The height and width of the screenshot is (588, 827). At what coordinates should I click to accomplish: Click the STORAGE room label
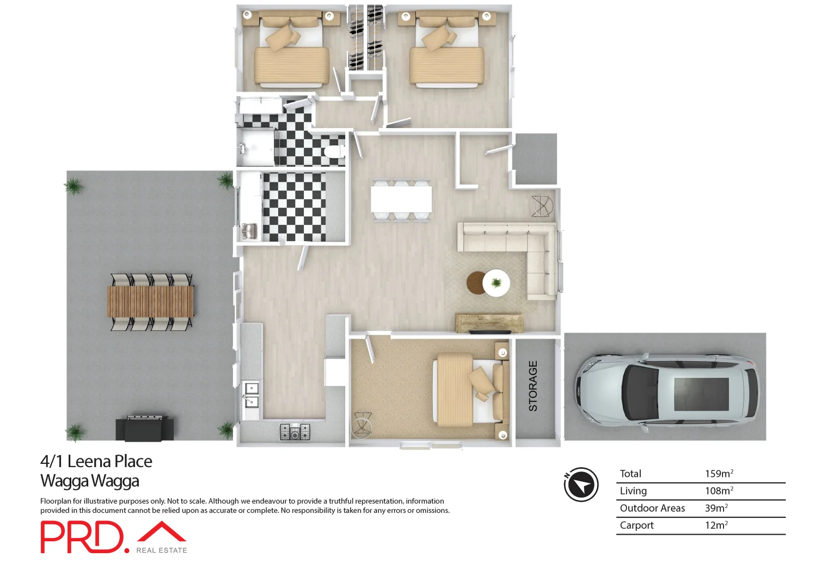click(x=533, y=386)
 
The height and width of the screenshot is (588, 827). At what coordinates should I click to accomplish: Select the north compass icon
click(x=581, y=484)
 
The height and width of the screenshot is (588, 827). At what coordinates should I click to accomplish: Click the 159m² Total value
click(x=719, y=474)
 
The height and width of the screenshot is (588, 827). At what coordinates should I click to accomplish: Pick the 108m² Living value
click(x=719, y=491)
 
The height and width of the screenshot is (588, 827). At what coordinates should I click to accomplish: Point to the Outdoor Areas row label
click(x=652, y=508)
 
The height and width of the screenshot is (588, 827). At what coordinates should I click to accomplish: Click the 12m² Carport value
click(x=716, y=525)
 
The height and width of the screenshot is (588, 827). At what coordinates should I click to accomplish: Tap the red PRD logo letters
click(x=82, y=537)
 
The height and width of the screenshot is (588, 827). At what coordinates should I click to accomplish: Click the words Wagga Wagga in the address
click(x=90, y=481)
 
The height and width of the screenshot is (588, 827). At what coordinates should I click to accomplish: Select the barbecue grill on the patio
click(x=145, y=428)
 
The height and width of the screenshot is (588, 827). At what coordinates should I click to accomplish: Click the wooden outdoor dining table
click(x=150, y=301)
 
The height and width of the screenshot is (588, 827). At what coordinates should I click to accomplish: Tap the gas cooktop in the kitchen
click(x=295, y=432)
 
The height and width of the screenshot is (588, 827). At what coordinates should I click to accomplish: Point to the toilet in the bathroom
click(x=333, y=151)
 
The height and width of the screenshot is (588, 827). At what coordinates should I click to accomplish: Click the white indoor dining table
click(x=401, y=199)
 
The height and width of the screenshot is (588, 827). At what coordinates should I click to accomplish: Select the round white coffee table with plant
click(x=497, y=283)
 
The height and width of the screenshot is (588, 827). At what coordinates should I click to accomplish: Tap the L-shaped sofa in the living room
click(x=523, y=248)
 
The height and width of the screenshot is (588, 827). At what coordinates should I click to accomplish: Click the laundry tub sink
click(x=250, y=231)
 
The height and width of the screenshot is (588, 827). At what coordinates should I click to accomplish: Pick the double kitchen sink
click(x=251, y=395)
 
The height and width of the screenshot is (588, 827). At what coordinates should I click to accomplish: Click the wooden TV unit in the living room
click(x=489, y=323)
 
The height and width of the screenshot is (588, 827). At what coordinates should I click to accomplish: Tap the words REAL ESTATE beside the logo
click(x=162, y=550)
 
